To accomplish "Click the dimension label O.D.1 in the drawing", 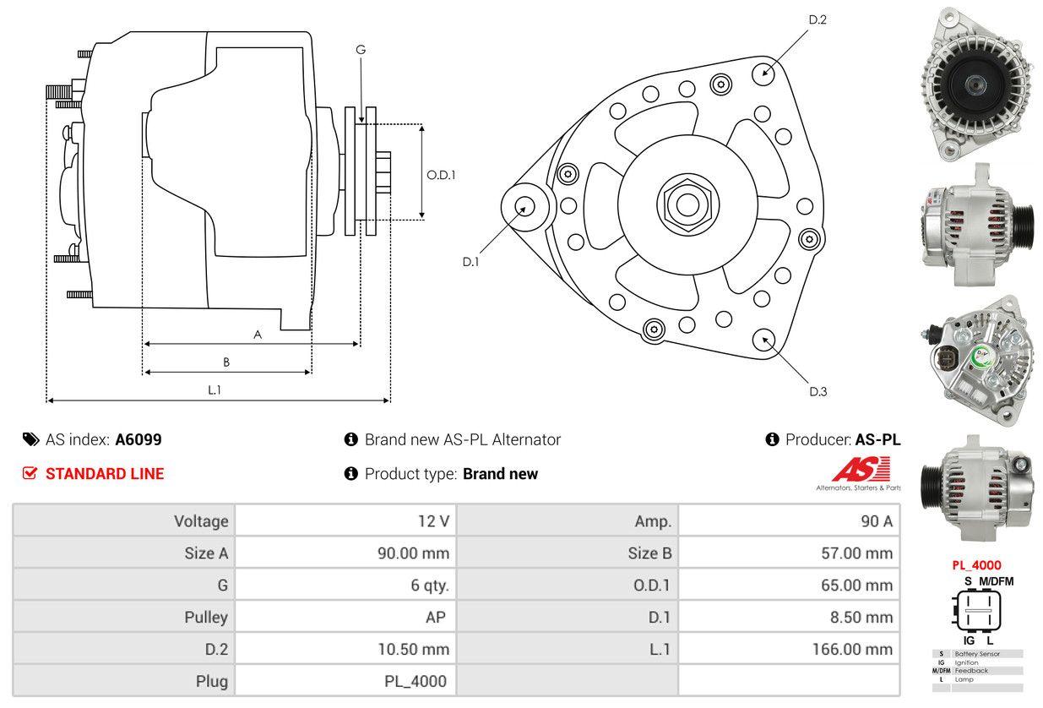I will click(x=441, y=175).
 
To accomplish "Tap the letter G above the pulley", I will click(x=361, y=50).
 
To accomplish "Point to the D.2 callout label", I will click(x=818, y=19).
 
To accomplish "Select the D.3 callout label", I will click(x=818, y=391).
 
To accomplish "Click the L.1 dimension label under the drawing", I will click(x=215, y=389).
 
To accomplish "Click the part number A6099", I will click(x=139, y=439).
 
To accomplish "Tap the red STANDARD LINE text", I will click(x=105, y=474).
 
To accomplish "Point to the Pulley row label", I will click(x=206, y=618).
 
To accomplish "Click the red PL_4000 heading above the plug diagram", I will click(x=976, y=565).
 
